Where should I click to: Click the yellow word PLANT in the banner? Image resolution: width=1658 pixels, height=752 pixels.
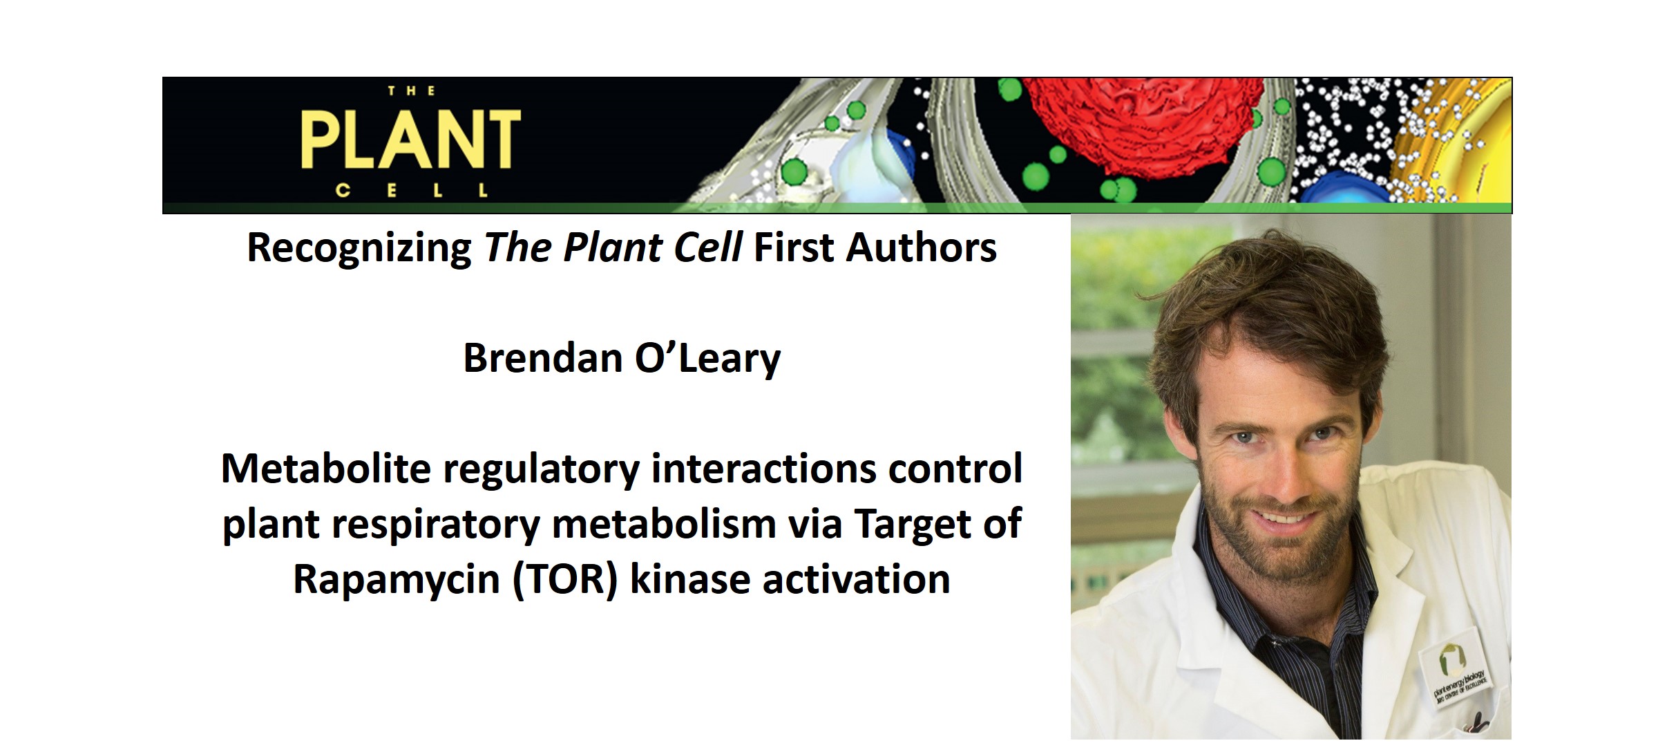(x=410, y=140)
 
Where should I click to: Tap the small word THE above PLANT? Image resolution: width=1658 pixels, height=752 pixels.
(x=411, y=91)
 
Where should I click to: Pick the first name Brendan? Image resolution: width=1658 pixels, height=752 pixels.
(x=542, y=358)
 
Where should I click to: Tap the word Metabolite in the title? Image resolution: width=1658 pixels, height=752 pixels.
(x=325, y=469)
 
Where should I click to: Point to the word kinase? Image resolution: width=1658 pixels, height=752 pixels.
(x=689, y=579)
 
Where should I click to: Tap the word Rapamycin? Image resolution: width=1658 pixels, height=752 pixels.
(x=396, y=579)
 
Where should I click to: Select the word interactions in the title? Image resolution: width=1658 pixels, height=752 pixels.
(x=763, y=469)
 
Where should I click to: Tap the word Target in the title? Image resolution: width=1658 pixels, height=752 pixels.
(x=914, y=524)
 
